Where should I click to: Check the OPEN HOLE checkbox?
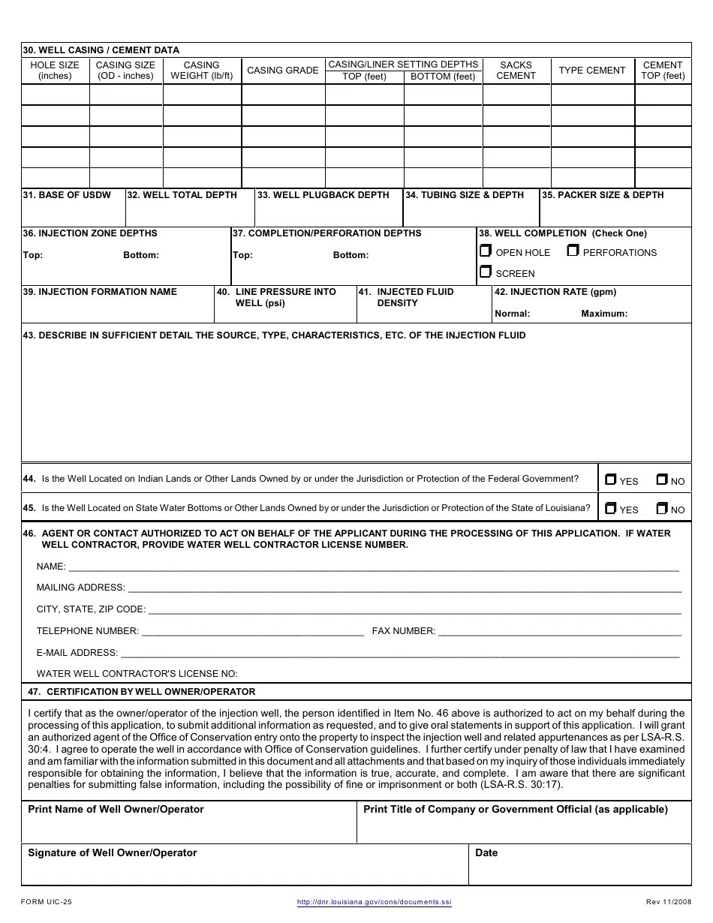(x=486, y=251)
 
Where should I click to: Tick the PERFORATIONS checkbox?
(x=573, y=251)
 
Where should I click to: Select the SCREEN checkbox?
(x=486, y=272)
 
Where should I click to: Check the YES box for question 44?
(x=610, y=480)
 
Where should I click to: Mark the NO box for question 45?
(x=662, y=508)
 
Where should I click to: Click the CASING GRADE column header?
(x=283, y=71)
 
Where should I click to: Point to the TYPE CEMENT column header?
(x=592, y=71)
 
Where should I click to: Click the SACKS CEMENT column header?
(x=516, y=71)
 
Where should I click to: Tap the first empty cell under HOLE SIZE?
(x=55, y=95)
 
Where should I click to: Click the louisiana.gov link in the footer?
(x=375, y=902)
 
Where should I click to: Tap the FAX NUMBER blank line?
(x=559, y=632)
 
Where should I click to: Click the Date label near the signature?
(x=486, y=853)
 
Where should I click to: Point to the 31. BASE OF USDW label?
(x=67, y=195)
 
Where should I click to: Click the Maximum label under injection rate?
(x=604, y=314)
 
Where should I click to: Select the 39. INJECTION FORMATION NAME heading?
(x=100, y=292)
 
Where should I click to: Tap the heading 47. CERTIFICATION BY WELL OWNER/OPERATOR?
(x=141, y=692)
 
